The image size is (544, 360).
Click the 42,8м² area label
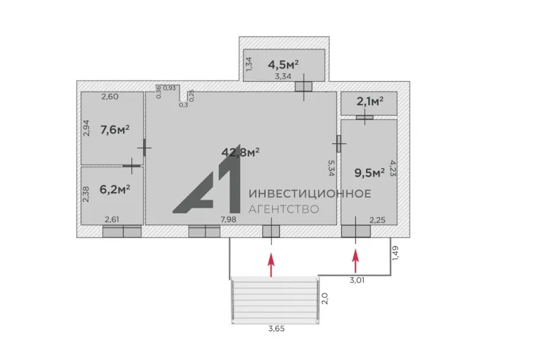point(240,152)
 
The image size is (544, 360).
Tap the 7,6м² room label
point(115,130)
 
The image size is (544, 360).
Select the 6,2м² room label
point(115,189)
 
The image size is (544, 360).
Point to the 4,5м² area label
point(283,64)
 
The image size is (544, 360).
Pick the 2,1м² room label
point(370,102)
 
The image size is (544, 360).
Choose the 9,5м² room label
point(369,172)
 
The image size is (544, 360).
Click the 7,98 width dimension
point(229,220)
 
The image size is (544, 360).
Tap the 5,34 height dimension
point(331,168)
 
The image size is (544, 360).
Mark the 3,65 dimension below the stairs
point(276,328)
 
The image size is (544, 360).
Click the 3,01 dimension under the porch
point(357,280)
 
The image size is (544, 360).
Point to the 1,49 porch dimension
point(394,253)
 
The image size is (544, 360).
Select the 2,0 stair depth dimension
point(325,299)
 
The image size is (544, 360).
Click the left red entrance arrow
point(271,265)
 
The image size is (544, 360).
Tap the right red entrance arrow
point(355,262)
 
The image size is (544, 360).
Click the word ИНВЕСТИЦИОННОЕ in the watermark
point(310,193)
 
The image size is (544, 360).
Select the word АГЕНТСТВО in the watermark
point(284,209)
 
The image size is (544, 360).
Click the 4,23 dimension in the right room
point(394,168)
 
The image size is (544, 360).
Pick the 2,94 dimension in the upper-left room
point(86,128)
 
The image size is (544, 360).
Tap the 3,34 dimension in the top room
point(283,76)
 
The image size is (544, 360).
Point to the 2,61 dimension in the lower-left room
point(112,220)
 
